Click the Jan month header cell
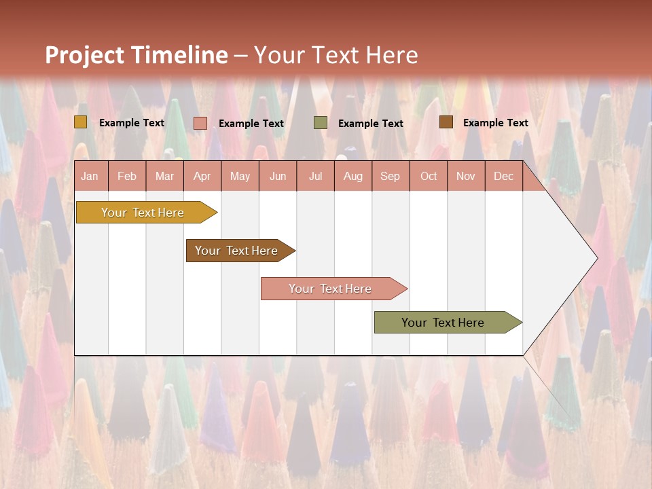pos(90,176)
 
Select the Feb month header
pos(127,176)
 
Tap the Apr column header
pos(202,176)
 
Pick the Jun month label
pos(278,176)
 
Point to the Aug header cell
pos(353,176)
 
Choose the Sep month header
pos(391,176)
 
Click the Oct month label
pos(429,176)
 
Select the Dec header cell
pos(504,176)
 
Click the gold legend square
pos(81,122)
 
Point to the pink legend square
pos(200,123)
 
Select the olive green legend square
pos(321,123)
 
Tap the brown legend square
pos(446,122)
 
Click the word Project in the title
pos(84,55)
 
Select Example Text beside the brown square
pos(495,123)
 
